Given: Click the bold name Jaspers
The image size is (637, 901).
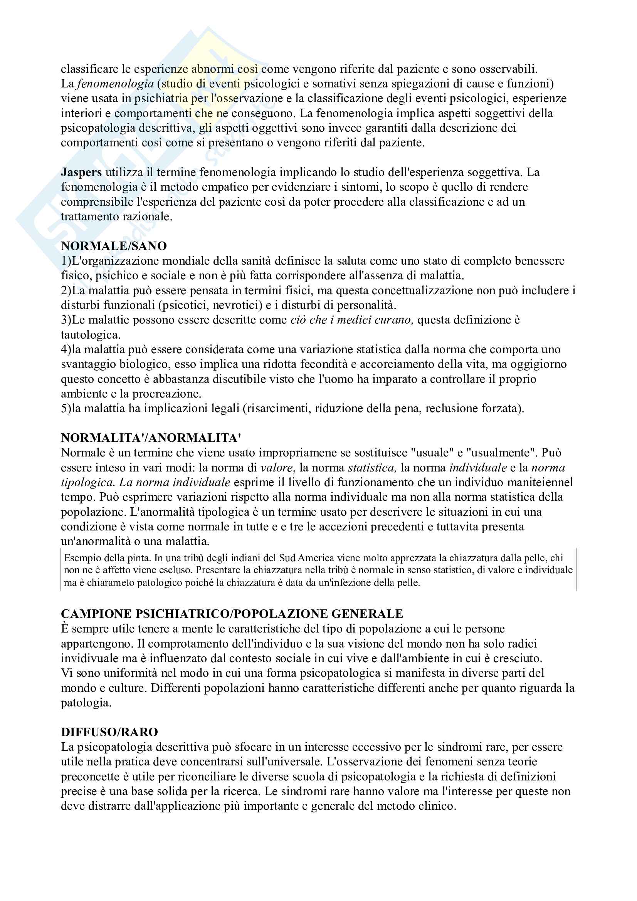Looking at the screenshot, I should (x=81, y=172).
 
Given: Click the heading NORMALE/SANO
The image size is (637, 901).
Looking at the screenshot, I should (x=114, y=246).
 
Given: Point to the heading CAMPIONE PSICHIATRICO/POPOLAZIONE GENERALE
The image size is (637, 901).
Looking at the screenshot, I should (x=232, y=614).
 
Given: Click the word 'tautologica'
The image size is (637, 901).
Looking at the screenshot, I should (x=90, y=335).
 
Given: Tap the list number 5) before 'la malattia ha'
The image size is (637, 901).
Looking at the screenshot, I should (x=66, y=408).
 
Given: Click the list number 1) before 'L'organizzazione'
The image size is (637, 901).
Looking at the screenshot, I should (x=66, y=261).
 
